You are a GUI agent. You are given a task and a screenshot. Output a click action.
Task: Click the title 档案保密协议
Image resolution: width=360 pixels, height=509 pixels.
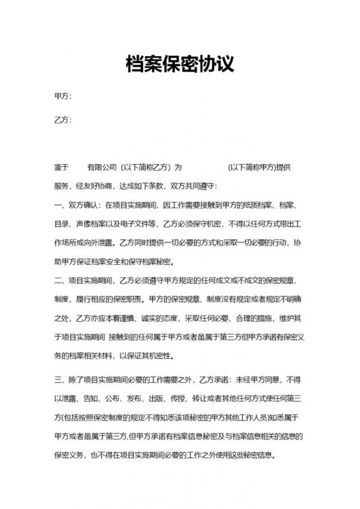click(180, 64)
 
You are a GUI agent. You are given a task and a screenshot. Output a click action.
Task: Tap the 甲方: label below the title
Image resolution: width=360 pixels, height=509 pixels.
click(63, 96)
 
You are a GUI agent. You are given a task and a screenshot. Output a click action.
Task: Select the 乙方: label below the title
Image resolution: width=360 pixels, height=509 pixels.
click(63, 120)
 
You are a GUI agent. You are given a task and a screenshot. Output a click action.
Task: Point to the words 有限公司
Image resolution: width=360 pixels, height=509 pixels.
click(102, 167)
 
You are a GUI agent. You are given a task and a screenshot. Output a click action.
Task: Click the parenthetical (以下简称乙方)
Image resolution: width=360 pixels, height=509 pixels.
click(146, 167)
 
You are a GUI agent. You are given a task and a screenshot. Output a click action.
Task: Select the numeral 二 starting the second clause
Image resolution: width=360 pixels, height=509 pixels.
click(58, 280)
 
